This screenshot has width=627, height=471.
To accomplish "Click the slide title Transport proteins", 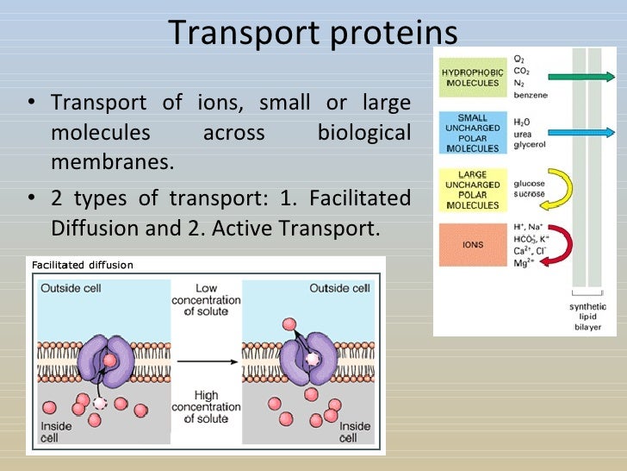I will [x=313, y=33].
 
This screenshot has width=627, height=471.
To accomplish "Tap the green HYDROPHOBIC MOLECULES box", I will [x=470, y=78].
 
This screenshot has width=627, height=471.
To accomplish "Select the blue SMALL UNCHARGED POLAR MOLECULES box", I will [x=470, y=132].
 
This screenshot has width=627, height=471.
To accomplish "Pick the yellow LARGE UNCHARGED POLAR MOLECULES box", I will [x=470, y=189].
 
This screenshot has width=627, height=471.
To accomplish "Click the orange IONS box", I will [x=470, y=244].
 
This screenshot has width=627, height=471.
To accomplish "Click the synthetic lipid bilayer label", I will [x=587, y=317].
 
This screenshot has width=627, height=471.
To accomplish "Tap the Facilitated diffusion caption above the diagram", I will [x=83, y=265].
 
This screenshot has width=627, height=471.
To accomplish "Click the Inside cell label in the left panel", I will [x=56, y=432].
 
